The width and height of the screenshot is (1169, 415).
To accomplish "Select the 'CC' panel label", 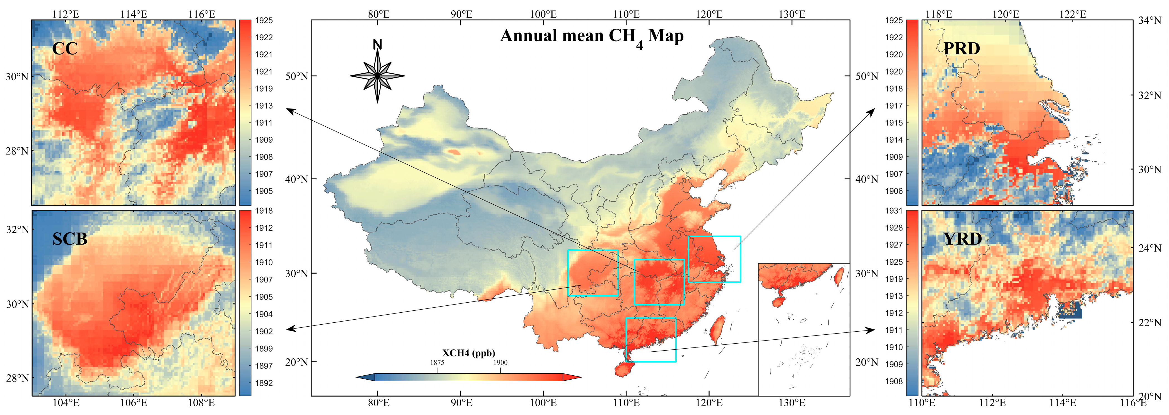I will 65,49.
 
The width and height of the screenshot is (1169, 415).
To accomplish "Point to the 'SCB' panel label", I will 70,238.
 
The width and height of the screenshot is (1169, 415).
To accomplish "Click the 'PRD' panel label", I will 961,49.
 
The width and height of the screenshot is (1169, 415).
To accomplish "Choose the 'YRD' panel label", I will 963,238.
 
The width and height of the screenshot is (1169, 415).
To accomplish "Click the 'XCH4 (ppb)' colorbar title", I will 468,353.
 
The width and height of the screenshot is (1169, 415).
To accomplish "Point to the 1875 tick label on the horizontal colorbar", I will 437,362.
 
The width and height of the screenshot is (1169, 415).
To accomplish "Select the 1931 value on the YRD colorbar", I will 893,211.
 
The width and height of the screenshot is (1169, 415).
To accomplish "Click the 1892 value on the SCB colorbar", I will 264,383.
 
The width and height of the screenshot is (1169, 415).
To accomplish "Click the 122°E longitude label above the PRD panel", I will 1073,14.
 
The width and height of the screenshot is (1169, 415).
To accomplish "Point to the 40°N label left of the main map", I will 296,179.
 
